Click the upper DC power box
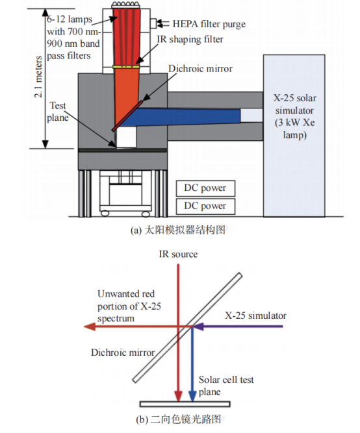click(206, 188)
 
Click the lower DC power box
click(206, 206)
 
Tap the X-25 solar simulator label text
click(295, 117)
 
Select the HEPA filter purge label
click(209, 24)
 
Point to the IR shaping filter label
click(190, 39)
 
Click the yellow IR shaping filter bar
click(127, 67)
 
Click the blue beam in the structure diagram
click(180, 117)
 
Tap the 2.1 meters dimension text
click(38, 77)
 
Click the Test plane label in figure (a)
click(58, 112)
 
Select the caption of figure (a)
click(178, 230)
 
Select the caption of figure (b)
click(179, 419)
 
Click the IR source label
click(178, 254)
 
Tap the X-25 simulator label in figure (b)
click(255, 315)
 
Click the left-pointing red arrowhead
click(90, 327)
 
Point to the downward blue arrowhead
click(192, 396)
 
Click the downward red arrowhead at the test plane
click(178, 396)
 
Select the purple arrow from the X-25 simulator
click(238, 327)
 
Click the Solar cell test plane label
click(226, 386)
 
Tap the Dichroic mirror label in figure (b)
click(123, 353)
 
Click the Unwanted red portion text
click(129, 306)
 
